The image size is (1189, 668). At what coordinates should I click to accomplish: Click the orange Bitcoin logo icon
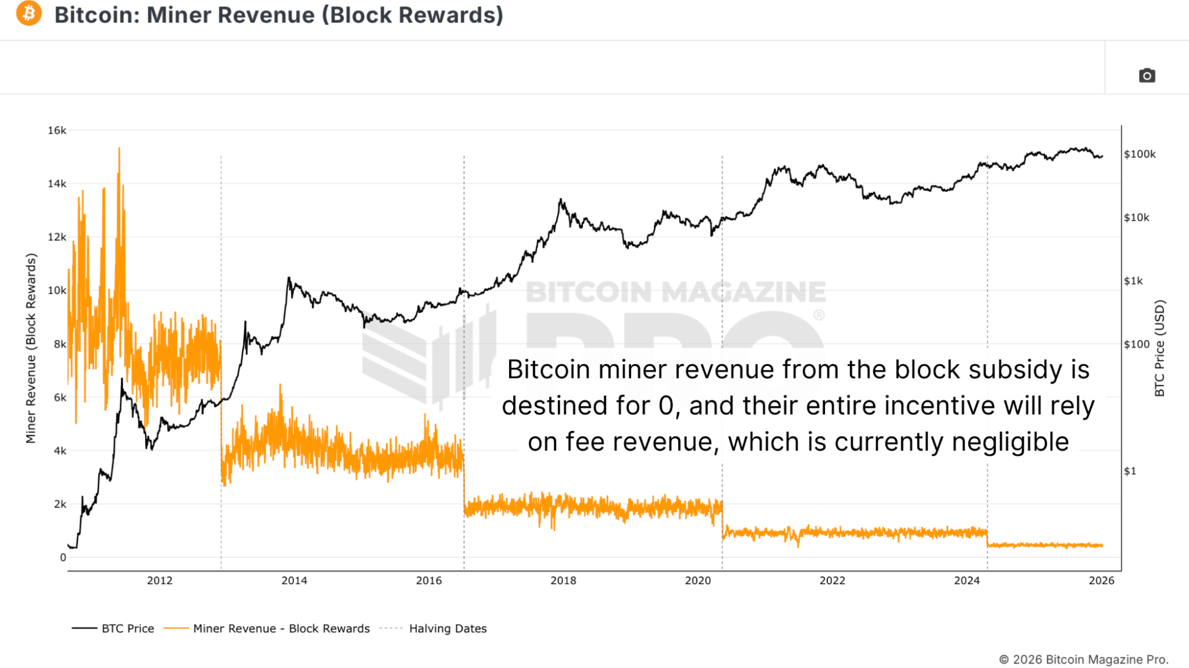29,13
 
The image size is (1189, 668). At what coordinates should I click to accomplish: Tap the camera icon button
1147,75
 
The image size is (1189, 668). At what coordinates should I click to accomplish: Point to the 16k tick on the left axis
57,130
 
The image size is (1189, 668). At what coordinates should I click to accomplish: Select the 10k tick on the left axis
57,290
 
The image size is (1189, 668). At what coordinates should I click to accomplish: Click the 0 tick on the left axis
62,557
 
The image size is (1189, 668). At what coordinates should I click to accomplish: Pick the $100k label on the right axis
1140,154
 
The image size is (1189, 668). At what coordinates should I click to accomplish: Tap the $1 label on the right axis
1130,471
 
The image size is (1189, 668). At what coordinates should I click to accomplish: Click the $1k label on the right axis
1133,281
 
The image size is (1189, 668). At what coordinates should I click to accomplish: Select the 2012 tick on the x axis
159,581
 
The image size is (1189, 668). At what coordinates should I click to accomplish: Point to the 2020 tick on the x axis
698,581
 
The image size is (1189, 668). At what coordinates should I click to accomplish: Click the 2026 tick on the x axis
1101,581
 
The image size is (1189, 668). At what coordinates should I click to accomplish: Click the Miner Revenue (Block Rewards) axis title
31,348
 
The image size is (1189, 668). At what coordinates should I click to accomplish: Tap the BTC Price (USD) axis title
1159,348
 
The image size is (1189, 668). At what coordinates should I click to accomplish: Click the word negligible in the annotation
1010,442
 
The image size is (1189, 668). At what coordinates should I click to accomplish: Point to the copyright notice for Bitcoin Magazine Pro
1083,659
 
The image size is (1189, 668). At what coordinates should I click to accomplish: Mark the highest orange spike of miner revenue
119,149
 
